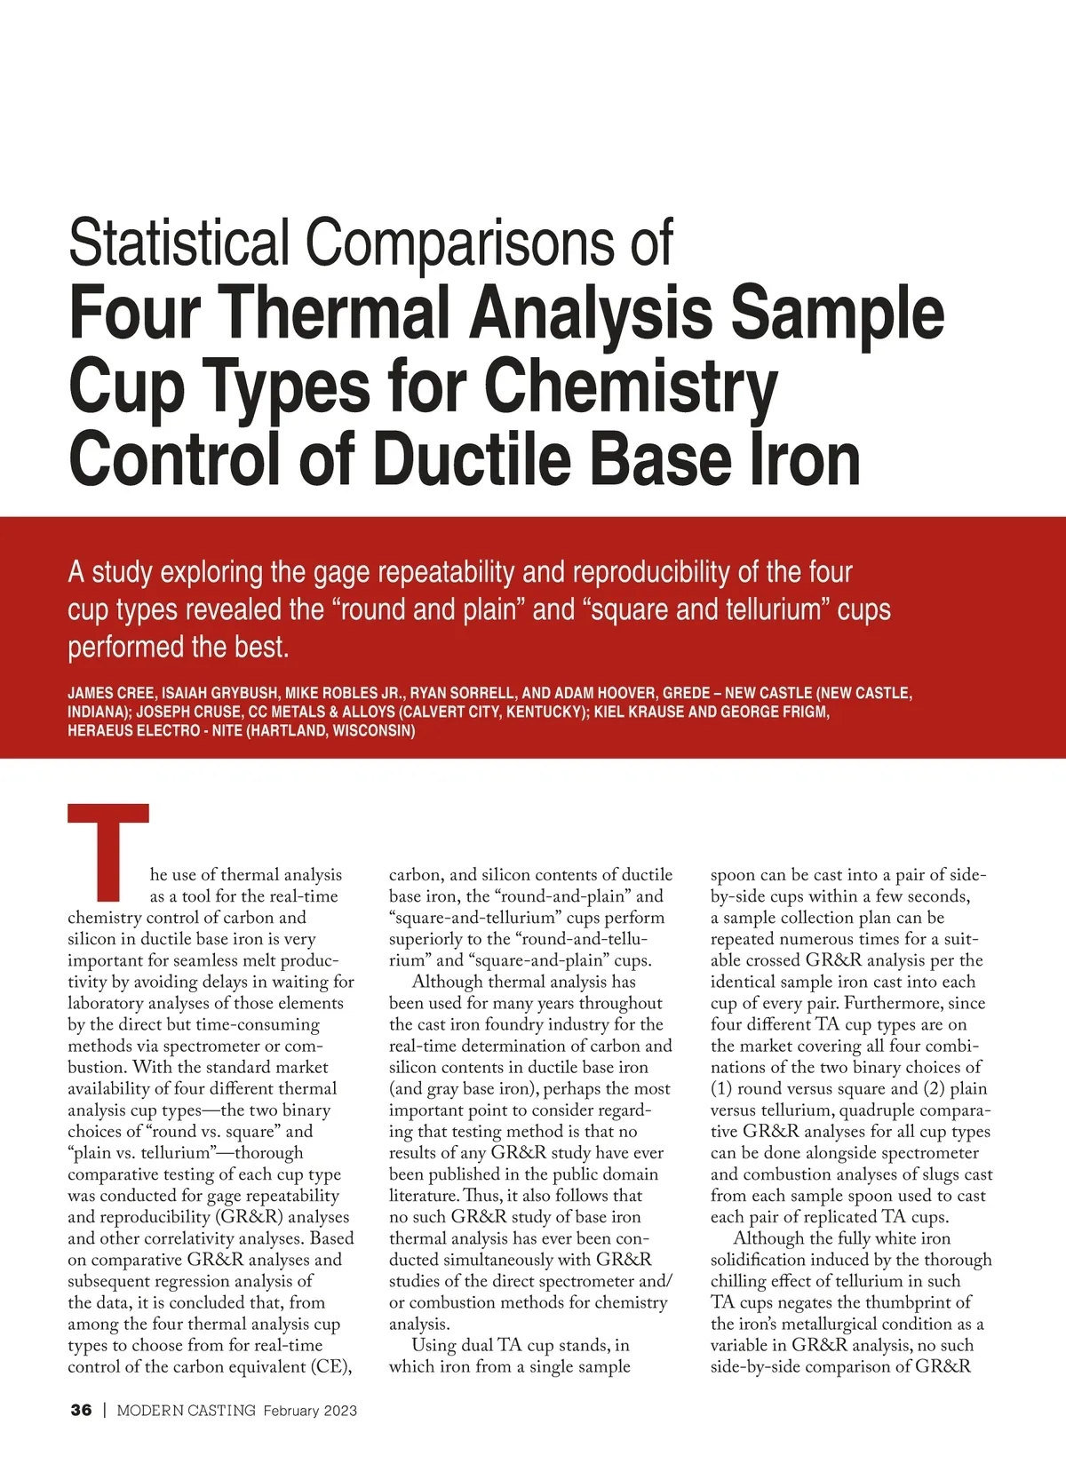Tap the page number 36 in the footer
click(81, 1410)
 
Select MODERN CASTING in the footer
click(186, 1410)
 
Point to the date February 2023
click(310, 1410)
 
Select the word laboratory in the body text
click(105, 1003)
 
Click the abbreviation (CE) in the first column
click(331, 1366)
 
